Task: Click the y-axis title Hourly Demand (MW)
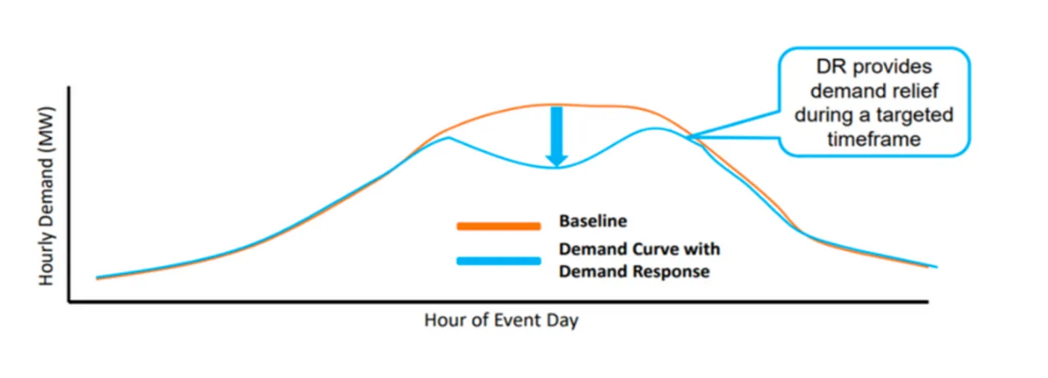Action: (46, 196)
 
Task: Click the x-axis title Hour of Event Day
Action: (501, 320)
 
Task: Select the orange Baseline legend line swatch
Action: (499, 226)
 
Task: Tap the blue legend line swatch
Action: (499, 261)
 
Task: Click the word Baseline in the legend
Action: (593, 221)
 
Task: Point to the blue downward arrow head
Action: (556, 160)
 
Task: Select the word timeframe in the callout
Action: (874, 139)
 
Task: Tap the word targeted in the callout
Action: (915, 115)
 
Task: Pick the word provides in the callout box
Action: (892, 67)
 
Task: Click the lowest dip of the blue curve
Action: (555, 168)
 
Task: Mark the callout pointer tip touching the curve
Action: (688, 137)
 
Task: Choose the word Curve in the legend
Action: (656, 249)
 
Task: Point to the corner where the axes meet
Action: (69, 302)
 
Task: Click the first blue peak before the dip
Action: (448, 138)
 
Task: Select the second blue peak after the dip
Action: (656, 128)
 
